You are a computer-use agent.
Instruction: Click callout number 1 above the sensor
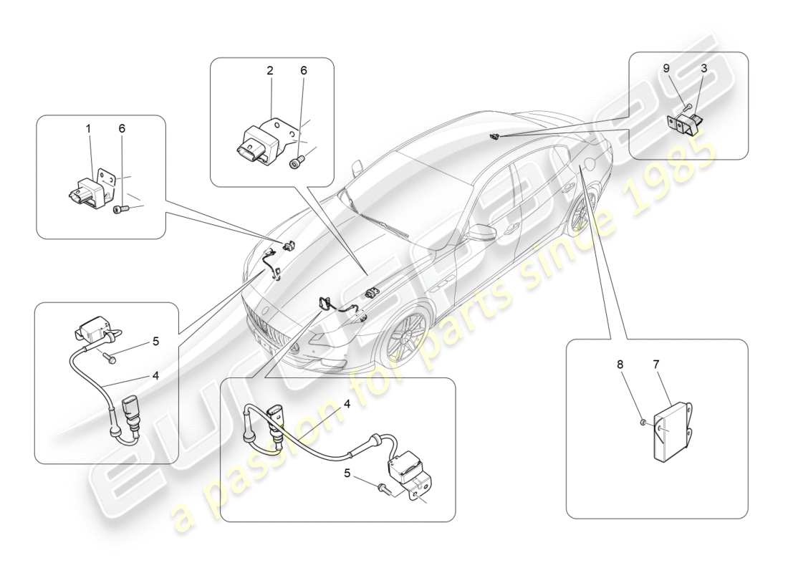pyautogui.click(x=89, y=129)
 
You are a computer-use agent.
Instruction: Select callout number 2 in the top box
pyautogui.click(x=269, y=70)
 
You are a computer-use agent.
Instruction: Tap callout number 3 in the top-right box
pyautogui.click(x=704, y=68)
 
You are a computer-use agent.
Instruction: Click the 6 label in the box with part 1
pyautogui.click(x=121, y=129)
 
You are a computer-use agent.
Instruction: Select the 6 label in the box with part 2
pyautogui.click(x=304, y=70)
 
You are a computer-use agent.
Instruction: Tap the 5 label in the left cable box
pyautogui.click(x=155, y=342)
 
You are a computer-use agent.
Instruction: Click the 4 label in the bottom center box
pyautogui.click(x=346, y=404)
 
